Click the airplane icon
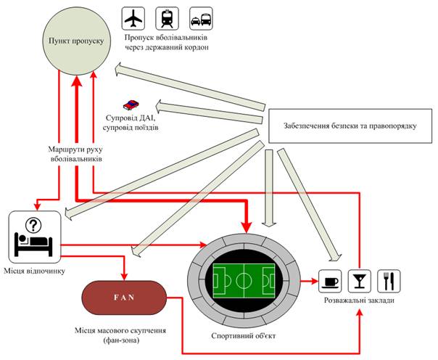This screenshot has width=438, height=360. (133, 17)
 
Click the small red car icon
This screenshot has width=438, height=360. (131, 105)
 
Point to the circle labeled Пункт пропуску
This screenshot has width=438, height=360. (76, 42)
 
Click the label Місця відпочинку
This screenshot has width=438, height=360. (36, 272)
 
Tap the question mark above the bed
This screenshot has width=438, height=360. (34, 225)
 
